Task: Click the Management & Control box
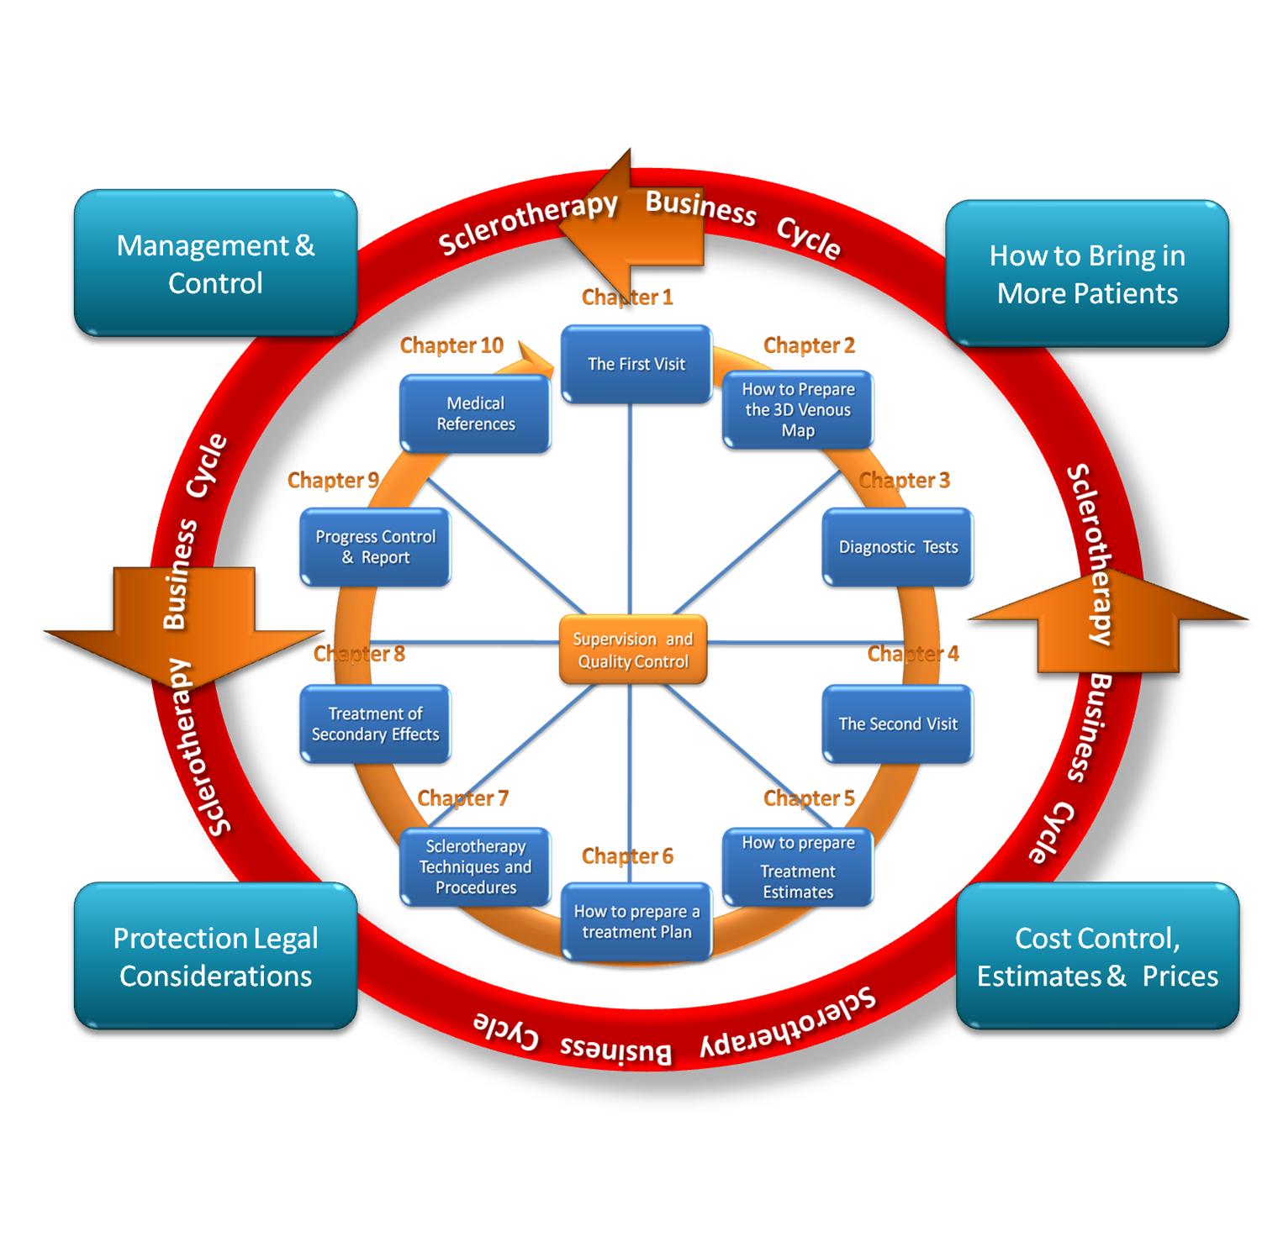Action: tap(215, 264)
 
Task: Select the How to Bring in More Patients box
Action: tap(1087, 274)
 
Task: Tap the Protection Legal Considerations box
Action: tap(215, 956)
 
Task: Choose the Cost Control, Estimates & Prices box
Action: tap(1097, 956)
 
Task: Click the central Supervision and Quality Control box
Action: tap(632, 650)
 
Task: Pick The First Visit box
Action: tap(636, 365)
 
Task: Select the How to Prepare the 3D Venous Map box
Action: tap(798, 410)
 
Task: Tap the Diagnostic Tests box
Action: tap(898, 547)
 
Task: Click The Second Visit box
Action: tap(898, 724)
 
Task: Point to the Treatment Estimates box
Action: tap(798, 868)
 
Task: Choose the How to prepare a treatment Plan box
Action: tap(636, 922)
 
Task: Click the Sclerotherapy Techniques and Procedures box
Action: tap(476, 867)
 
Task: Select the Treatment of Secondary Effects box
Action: tap(375, 724)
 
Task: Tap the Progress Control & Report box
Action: tap(375, 547)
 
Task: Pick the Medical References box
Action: tap(476, 414)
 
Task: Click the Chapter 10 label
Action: tap(451, 345)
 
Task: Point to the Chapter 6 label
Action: tap(627, 856)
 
